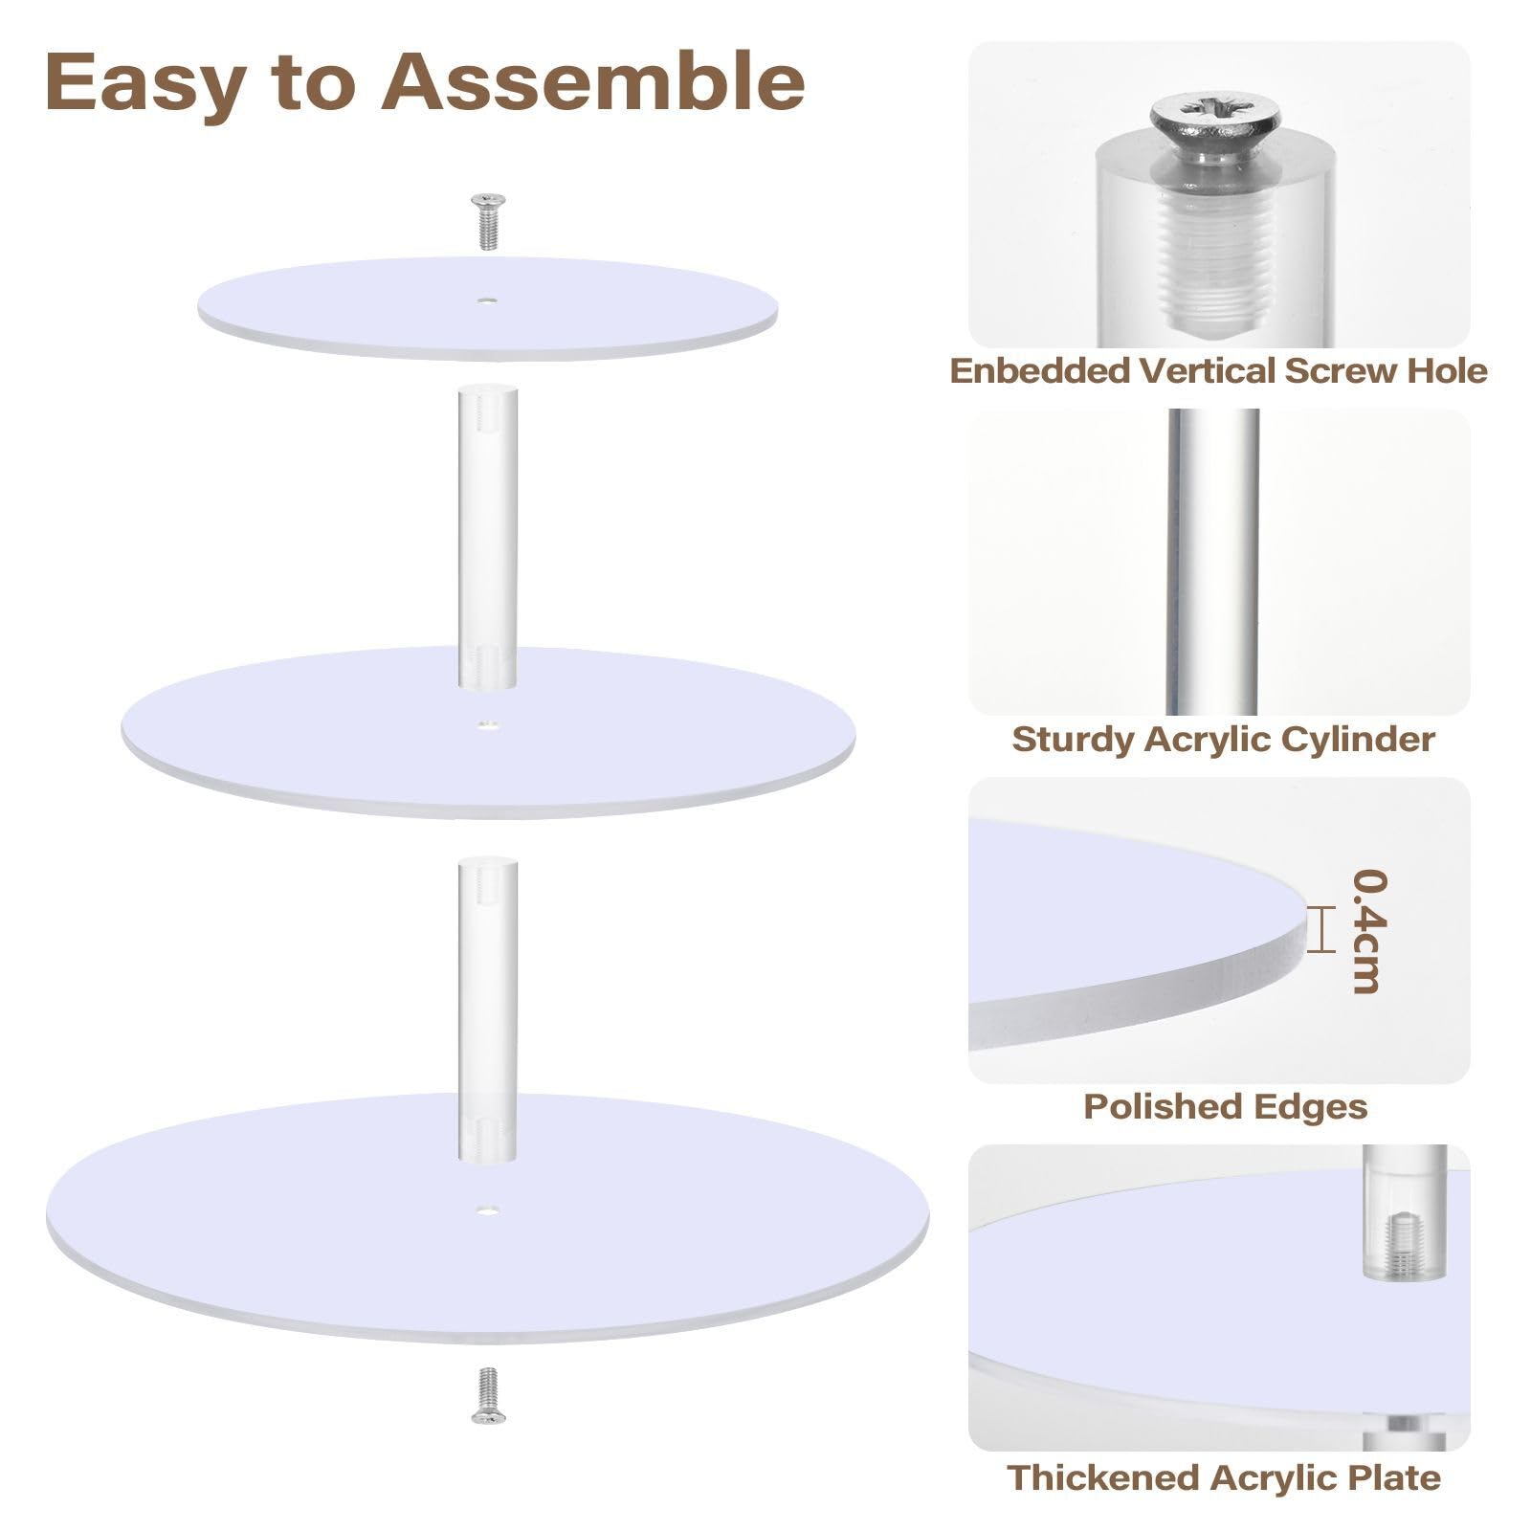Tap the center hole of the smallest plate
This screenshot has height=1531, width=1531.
click(488, 300)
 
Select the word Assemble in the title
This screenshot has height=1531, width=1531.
click(593, 81)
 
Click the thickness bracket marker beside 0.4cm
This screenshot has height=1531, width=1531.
click(1320, 930)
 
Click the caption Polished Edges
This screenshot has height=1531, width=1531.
click(1225, 1107)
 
